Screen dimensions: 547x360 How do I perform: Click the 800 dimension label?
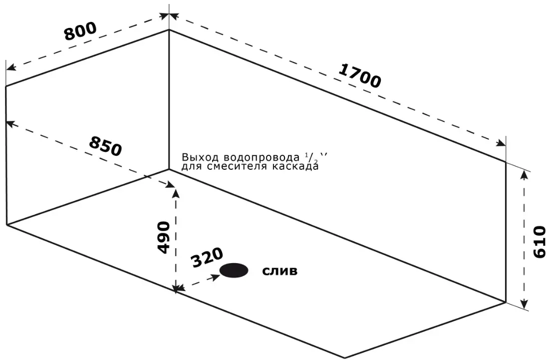tap(80, 31)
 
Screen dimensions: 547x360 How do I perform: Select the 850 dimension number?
tap(105, 145)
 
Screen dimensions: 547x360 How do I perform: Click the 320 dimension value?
tap(207, 257)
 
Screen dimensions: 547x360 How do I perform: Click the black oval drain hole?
tap(234, 270)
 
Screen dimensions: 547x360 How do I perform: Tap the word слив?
tap(280, 271)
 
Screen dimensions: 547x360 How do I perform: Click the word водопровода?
tap(260, 157)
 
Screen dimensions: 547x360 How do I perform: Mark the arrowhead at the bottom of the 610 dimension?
tap(524, 304)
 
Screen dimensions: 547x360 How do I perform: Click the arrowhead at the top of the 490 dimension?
tap(177, 193)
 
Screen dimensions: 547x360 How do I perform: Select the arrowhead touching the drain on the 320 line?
tap(215, 277)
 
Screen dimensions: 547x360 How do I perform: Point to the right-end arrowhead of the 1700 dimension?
tap(501, 143)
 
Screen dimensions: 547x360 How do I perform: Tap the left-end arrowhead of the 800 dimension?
tap(11, 66)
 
